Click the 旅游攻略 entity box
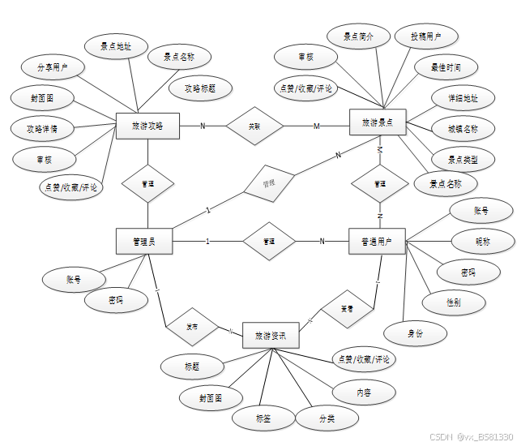[147, 126]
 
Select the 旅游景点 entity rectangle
[377, 123]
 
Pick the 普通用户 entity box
[377, 242]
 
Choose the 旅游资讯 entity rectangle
[271, 334]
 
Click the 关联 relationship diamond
[254, 126]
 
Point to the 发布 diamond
[192, 327]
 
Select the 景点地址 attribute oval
[115, 47]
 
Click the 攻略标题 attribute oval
[199, 88]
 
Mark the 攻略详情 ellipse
[41, 128]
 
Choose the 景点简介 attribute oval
[358, 36]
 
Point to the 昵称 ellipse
[482, 241]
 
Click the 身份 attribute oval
[415, 332]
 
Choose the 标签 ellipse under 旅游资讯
[263, 418]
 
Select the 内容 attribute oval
[365, 392]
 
